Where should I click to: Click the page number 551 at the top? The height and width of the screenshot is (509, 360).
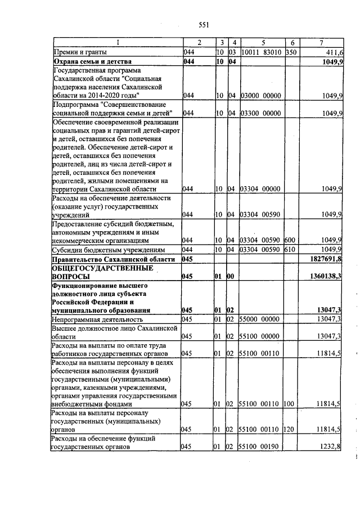point(204,25)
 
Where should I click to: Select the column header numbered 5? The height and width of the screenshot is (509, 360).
point(263,43)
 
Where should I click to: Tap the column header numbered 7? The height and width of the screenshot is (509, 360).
point(321,43)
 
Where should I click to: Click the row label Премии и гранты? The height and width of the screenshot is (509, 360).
point(76,52)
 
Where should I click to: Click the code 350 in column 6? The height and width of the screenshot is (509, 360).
point(291,52)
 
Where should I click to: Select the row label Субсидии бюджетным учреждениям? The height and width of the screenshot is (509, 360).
point(109,249)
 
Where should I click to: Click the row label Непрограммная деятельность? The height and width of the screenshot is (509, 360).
point(96,319)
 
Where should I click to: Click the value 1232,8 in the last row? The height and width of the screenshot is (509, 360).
point(331,463)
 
